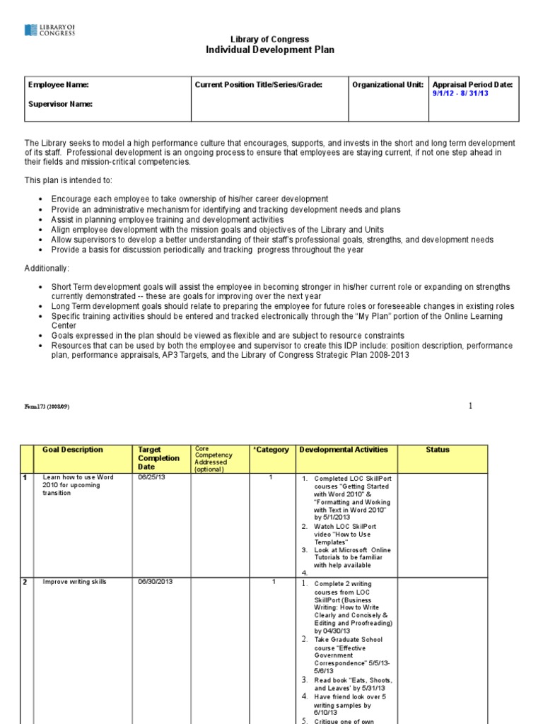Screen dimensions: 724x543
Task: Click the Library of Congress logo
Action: tap(50, 30)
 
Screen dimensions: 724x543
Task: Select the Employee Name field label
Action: tap(58, 85)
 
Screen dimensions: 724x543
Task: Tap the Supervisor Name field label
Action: tap(60, 104)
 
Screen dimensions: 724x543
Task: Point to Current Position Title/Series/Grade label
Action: tap(259, 85)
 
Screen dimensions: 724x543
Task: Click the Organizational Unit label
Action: tap(387, 85)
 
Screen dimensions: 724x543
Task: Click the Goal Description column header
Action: tap(72, 450)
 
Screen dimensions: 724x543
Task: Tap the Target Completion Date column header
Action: tap(159, 458)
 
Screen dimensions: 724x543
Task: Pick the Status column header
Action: tap(438, 450)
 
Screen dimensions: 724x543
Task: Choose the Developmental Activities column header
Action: tap(344, 450)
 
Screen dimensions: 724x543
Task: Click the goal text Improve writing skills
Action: tap(74, 581)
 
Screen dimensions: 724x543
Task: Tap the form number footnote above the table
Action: tap(47, 407)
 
